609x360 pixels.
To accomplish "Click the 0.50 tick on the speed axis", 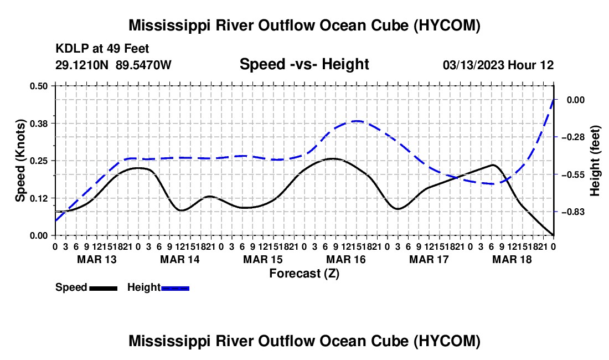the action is [x=38, y=86].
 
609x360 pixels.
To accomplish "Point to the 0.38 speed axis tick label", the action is [x=38, y=124].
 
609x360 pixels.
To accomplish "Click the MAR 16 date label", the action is [x=345, y=259].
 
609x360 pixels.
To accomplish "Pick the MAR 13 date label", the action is [x=97, y=259].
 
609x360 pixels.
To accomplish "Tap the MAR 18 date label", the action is [x=512, y=259].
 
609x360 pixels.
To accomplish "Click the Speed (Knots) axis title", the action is [x=20, y=161].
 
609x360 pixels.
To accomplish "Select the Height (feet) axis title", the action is [x=595, y=161].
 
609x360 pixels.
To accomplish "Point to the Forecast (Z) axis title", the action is [x=304, y=274].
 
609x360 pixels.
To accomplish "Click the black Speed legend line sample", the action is [x=104, y=288].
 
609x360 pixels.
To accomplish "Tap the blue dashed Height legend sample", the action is [x=175, y=288].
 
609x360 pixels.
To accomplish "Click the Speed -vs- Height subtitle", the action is [x=304, y=64].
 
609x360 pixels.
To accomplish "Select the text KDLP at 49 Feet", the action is [x=102, y=49].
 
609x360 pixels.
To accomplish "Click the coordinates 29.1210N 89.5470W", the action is [x=113, y=65].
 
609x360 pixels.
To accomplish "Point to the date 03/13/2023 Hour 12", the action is [x=498, y=65].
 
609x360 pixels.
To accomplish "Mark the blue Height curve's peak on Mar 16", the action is [x=357, y=121].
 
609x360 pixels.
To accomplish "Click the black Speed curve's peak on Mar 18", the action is [x=493, y=165].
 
